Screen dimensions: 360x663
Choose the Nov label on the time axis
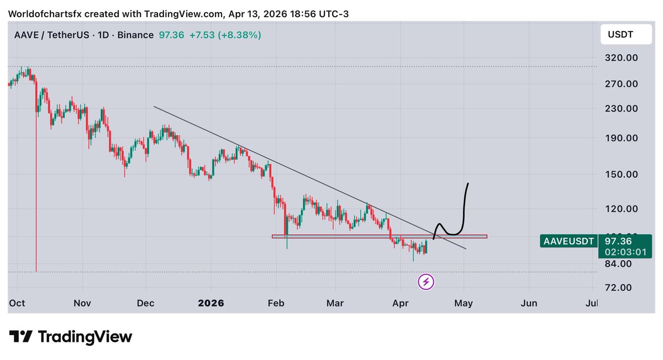point(82,303)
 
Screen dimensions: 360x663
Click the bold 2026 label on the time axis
point(212,303)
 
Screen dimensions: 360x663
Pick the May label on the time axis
point(464,303)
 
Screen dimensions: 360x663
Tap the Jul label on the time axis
point(591,303)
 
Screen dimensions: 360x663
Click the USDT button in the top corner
point(620,35)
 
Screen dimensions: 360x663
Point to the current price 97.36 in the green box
point(618,241)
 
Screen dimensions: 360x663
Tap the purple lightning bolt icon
point(426,282)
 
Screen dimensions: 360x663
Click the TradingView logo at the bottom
point(71,337)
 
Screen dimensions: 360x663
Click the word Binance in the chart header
point(135,35)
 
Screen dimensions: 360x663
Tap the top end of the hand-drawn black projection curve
point(468,183)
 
